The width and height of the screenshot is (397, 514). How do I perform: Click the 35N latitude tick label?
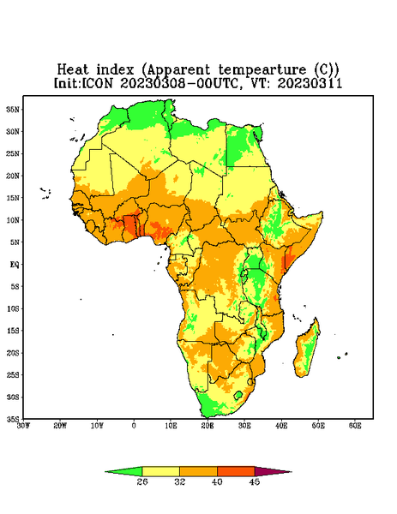pos(13,110)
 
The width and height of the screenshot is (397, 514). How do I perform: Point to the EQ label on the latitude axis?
pos(14,264)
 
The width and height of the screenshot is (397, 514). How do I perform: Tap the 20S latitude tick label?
pos(13,353)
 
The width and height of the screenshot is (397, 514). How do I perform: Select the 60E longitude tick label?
pos(355,426)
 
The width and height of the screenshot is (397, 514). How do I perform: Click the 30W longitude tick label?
pos(24,426)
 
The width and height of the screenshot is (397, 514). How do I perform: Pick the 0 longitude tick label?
pos(134,426)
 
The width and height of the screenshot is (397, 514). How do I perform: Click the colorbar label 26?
pos(142,481)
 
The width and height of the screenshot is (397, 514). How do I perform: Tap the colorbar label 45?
pos(255,481)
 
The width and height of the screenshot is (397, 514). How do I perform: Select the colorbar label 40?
pos(217,481)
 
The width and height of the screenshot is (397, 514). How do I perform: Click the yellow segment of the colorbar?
pos(160,471)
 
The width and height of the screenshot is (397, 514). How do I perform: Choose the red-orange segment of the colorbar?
pos(236,471)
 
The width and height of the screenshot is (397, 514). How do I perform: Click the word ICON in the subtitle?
pos(98,83)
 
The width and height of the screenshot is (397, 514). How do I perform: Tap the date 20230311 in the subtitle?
pos(310,83)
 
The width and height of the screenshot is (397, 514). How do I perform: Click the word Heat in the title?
pos(73,69)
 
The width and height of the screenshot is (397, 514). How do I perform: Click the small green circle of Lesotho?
pos(238,395)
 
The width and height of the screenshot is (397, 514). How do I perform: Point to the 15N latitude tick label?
pos(13,198)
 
